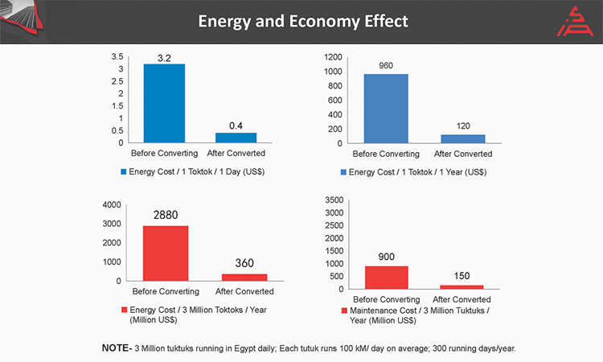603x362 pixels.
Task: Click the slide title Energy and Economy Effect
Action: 303,21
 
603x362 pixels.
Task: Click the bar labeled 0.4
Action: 236,138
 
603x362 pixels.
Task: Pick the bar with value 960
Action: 386,109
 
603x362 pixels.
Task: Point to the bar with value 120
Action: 463,138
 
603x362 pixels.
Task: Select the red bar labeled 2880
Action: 166,253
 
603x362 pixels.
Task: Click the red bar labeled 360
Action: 244,277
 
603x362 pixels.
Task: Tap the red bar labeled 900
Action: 386,278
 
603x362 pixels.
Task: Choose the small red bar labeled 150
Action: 463,286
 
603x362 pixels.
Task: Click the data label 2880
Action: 166,216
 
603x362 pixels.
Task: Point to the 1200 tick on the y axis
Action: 334,57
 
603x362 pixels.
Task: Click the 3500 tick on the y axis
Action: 334,200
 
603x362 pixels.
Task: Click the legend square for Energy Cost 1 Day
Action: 123,171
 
